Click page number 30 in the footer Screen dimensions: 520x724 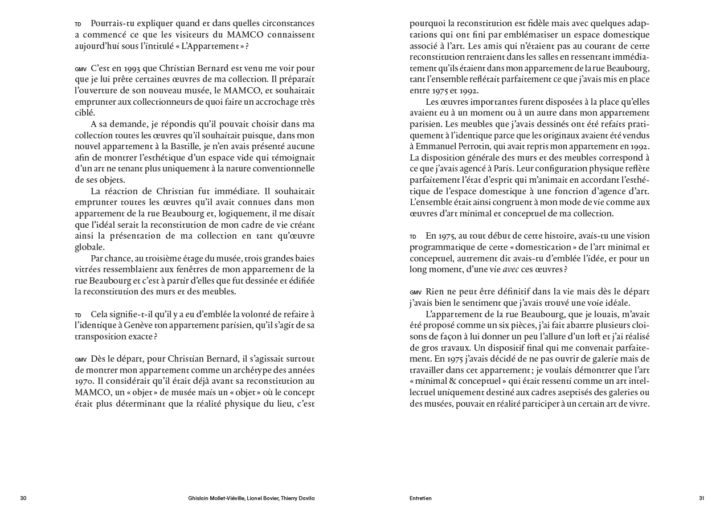[x=23, y=498]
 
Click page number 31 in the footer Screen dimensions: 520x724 [x=701, y=498]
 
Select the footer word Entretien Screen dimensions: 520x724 [x=420, y=498]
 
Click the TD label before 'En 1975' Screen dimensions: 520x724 [x=413, y=236]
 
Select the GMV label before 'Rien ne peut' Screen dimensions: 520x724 [x=415, y=292]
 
